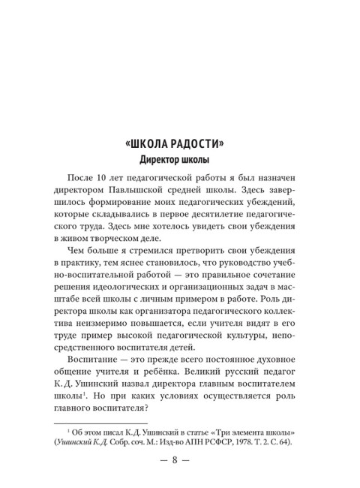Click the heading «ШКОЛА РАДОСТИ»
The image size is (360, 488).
(x=179, y=144)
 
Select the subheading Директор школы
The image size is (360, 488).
(x=179, y=160)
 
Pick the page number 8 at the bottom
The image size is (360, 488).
(x=179, y=478)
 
